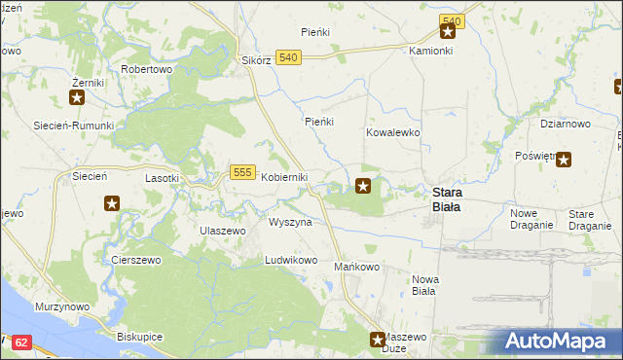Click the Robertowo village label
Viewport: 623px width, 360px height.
tap(146, 70)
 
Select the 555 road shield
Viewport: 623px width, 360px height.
tap(243, 171)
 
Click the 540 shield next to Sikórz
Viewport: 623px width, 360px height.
tap(287, 58)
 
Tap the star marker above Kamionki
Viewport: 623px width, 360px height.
tap(448, 32)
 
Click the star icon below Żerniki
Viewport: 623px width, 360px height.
tap(78, 96)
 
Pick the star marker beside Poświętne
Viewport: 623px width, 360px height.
tap(563, 160)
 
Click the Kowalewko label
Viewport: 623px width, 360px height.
tap(392, 131)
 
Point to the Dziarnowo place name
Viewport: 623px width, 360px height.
tap(566, 124)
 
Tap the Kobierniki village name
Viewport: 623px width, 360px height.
tap(284, 177)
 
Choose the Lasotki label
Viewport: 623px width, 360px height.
tap(162, 178)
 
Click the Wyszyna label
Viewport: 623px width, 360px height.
tap(290, 222)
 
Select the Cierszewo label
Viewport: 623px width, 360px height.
tap(135, 261)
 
